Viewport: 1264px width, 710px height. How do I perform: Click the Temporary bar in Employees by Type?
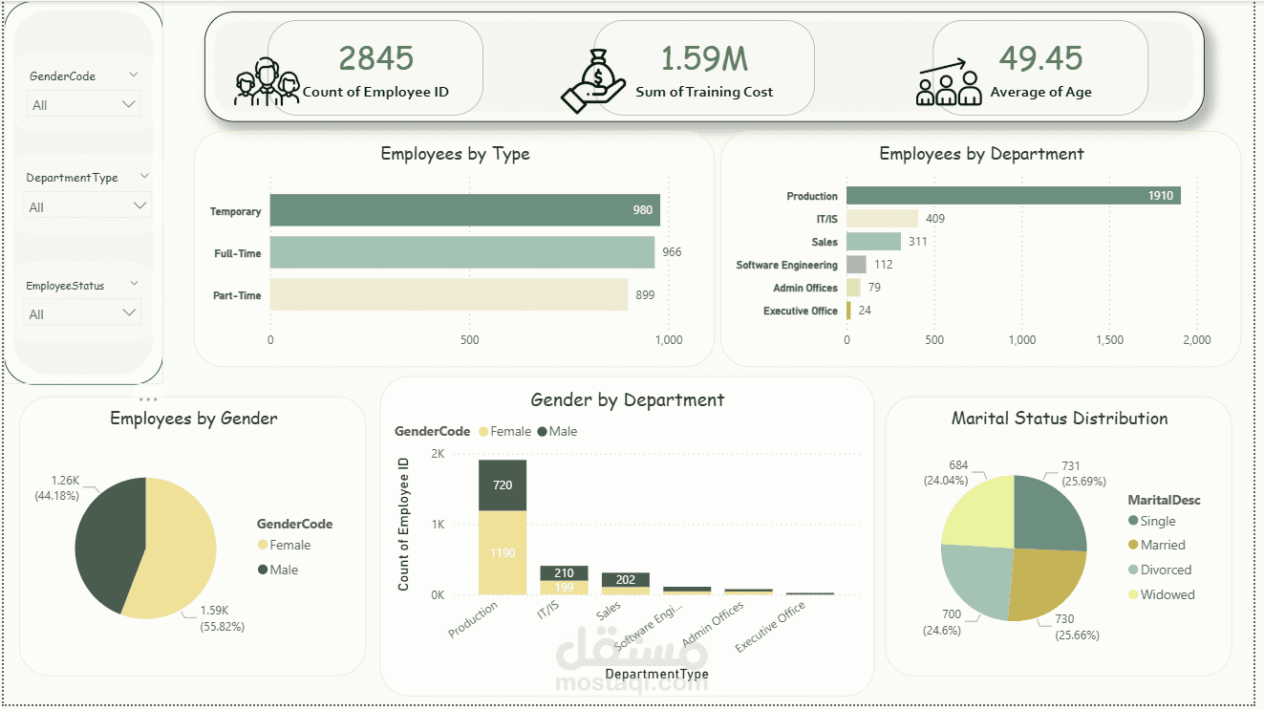[464, 210]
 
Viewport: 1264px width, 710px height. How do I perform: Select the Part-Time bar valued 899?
[448, 295]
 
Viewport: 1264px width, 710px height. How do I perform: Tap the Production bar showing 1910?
[1013, 196]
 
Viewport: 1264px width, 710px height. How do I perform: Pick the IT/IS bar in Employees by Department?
[882, 219]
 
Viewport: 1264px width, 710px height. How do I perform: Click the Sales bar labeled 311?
[873, 242]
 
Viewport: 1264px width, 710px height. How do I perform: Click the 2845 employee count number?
[376, 58]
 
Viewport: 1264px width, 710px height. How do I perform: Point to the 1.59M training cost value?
[704, 58]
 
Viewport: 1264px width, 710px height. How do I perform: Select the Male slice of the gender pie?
[105, 540]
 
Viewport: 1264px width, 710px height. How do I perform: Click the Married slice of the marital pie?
[1045, 583]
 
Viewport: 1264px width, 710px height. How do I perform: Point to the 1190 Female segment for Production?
[502, 552]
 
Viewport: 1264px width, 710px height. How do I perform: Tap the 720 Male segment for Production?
[502, 485]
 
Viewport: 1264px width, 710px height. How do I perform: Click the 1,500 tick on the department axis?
[1109, 339]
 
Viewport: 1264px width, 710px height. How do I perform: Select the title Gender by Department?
[627, 399]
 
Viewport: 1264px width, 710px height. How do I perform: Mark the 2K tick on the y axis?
[438, 454]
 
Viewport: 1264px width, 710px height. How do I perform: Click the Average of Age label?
[1040, 93]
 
